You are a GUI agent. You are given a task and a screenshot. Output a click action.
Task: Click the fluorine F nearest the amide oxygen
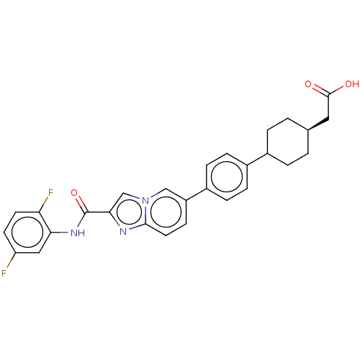50,193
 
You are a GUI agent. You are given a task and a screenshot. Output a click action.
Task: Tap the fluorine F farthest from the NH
4,274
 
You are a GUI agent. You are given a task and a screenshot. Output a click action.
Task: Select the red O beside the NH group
75,193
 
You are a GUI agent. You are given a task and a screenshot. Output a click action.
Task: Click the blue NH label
78,232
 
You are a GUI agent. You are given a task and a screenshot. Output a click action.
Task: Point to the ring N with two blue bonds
124,231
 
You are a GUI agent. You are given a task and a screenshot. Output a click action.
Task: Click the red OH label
351,84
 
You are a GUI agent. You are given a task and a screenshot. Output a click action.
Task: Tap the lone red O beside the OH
308,84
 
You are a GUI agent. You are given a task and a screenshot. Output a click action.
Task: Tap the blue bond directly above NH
82,221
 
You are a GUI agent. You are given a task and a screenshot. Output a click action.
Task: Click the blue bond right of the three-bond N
153,195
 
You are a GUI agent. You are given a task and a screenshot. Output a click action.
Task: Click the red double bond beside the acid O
316,87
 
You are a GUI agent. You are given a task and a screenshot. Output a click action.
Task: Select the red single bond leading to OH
340,87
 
